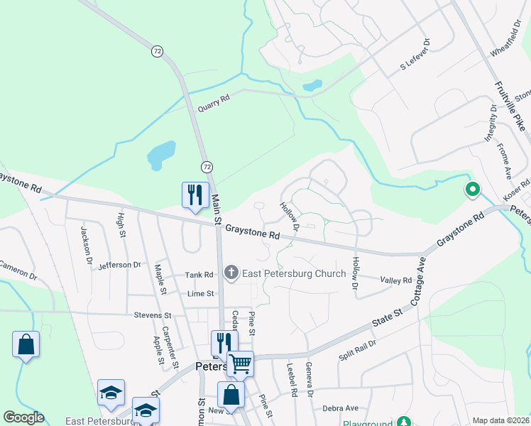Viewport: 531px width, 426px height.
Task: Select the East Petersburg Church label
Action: click(294, 273)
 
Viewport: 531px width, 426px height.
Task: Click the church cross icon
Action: click(231, 273)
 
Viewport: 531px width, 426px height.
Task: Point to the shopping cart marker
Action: click(240, 364)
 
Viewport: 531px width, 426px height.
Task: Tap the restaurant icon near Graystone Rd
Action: click(195, 194)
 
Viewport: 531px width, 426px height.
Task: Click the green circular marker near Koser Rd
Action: click(471, 190)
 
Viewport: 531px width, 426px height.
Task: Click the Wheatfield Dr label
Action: click(506, 43)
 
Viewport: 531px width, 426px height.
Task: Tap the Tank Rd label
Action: click(199, 275)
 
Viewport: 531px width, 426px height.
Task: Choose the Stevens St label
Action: click(153, 315)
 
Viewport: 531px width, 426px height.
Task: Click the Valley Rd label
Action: click(396, 280)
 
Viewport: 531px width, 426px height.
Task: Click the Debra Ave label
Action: click(340, 408)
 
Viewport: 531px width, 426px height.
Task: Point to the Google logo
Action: click(23, 417)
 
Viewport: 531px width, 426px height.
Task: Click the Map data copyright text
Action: click(500, 420)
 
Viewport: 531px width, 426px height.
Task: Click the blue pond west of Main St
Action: click(161, 153)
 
